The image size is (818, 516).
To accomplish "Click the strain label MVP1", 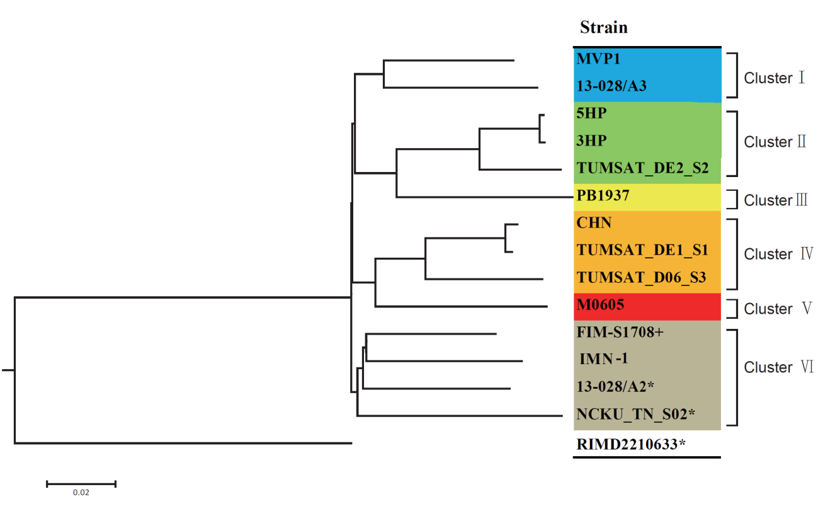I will pyautogui.click(x=598, y=60).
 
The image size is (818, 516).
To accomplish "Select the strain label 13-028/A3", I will pyautogui.click(x=611, y=87).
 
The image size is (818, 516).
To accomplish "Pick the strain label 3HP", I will pyautogui.click(x=590, y=140).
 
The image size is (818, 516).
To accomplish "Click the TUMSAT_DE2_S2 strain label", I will pyautogui.click(x=642, y=168).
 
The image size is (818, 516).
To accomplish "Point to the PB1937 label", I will pyautogui.click(x=603, y=195).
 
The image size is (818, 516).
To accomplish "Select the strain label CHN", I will pyautogui.click(x=594, y=223).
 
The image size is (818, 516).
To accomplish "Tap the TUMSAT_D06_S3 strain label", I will pyautogui.click(x=641, y=277).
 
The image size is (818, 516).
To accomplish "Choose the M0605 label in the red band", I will pyautogui.click(x=600, y=306).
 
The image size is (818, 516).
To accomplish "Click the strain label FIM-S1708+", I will pyautogui.click(x=620, y=332).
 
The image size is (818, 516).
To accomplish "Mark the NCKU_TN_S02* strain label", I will pyautogui.click(x=635, y=414).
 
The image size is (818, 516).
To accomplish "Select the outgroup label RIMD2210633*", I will pyautogui.click(x=630, y=444).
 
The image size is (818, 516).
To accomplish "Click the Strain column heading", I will pyautogui.click(x=603, y=28).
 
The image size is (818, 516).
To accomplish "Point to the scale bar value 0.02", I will pyautogui.click(x=81, y=493).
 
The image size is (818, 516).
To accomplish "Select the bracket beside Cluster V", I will pyautogui.click(x=732, y=309).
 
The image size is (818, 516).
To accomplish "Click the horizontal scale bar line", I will pyautogui.click(x=81, y=484).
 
